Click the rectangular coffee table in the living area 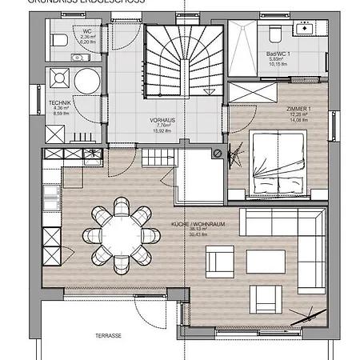coord(262,262)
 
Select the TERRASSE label coord(108,336)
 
